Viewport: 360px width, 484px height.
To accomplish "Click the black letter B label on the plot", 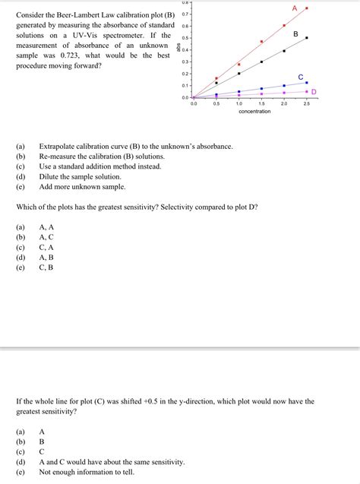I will pyautogui.click(x=295, y=34).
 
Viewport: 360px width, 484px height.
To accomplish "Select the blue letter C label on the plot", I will pyautogui.click(x=301, y=78).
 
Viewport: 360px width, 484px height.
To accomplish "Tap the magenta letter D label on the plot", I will pyautogui.click(x=314, y=92).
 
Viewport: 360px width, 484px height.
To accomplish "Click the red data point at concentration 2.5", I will pyautogui.click(x=307, y=8).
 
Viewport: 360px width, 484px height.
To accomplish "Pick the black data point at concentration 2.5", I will pyautogui.click(x=307, y=38).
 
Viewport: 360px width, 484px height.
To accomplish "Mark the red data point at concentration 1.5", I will pyautogui.click(x=261, y=42).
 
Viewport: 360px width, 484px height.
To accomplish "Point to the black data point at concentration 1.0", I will pyautogui.click(x=238, y=74).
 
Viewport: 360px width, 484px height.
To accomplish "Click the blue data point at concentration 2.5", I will pyautogui.click(x=307, y=83).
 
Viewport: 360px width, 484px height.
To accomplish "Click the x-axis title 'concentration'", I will pyautogui.click(x=254, y=112).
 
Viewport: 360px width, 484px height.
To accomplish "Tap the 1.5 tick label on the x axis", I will pyautogui.click(x=261, y=103).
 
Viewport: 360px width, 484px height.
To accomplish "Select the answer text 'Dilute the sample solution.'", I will pyautogui.click(x=81, y=176).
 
